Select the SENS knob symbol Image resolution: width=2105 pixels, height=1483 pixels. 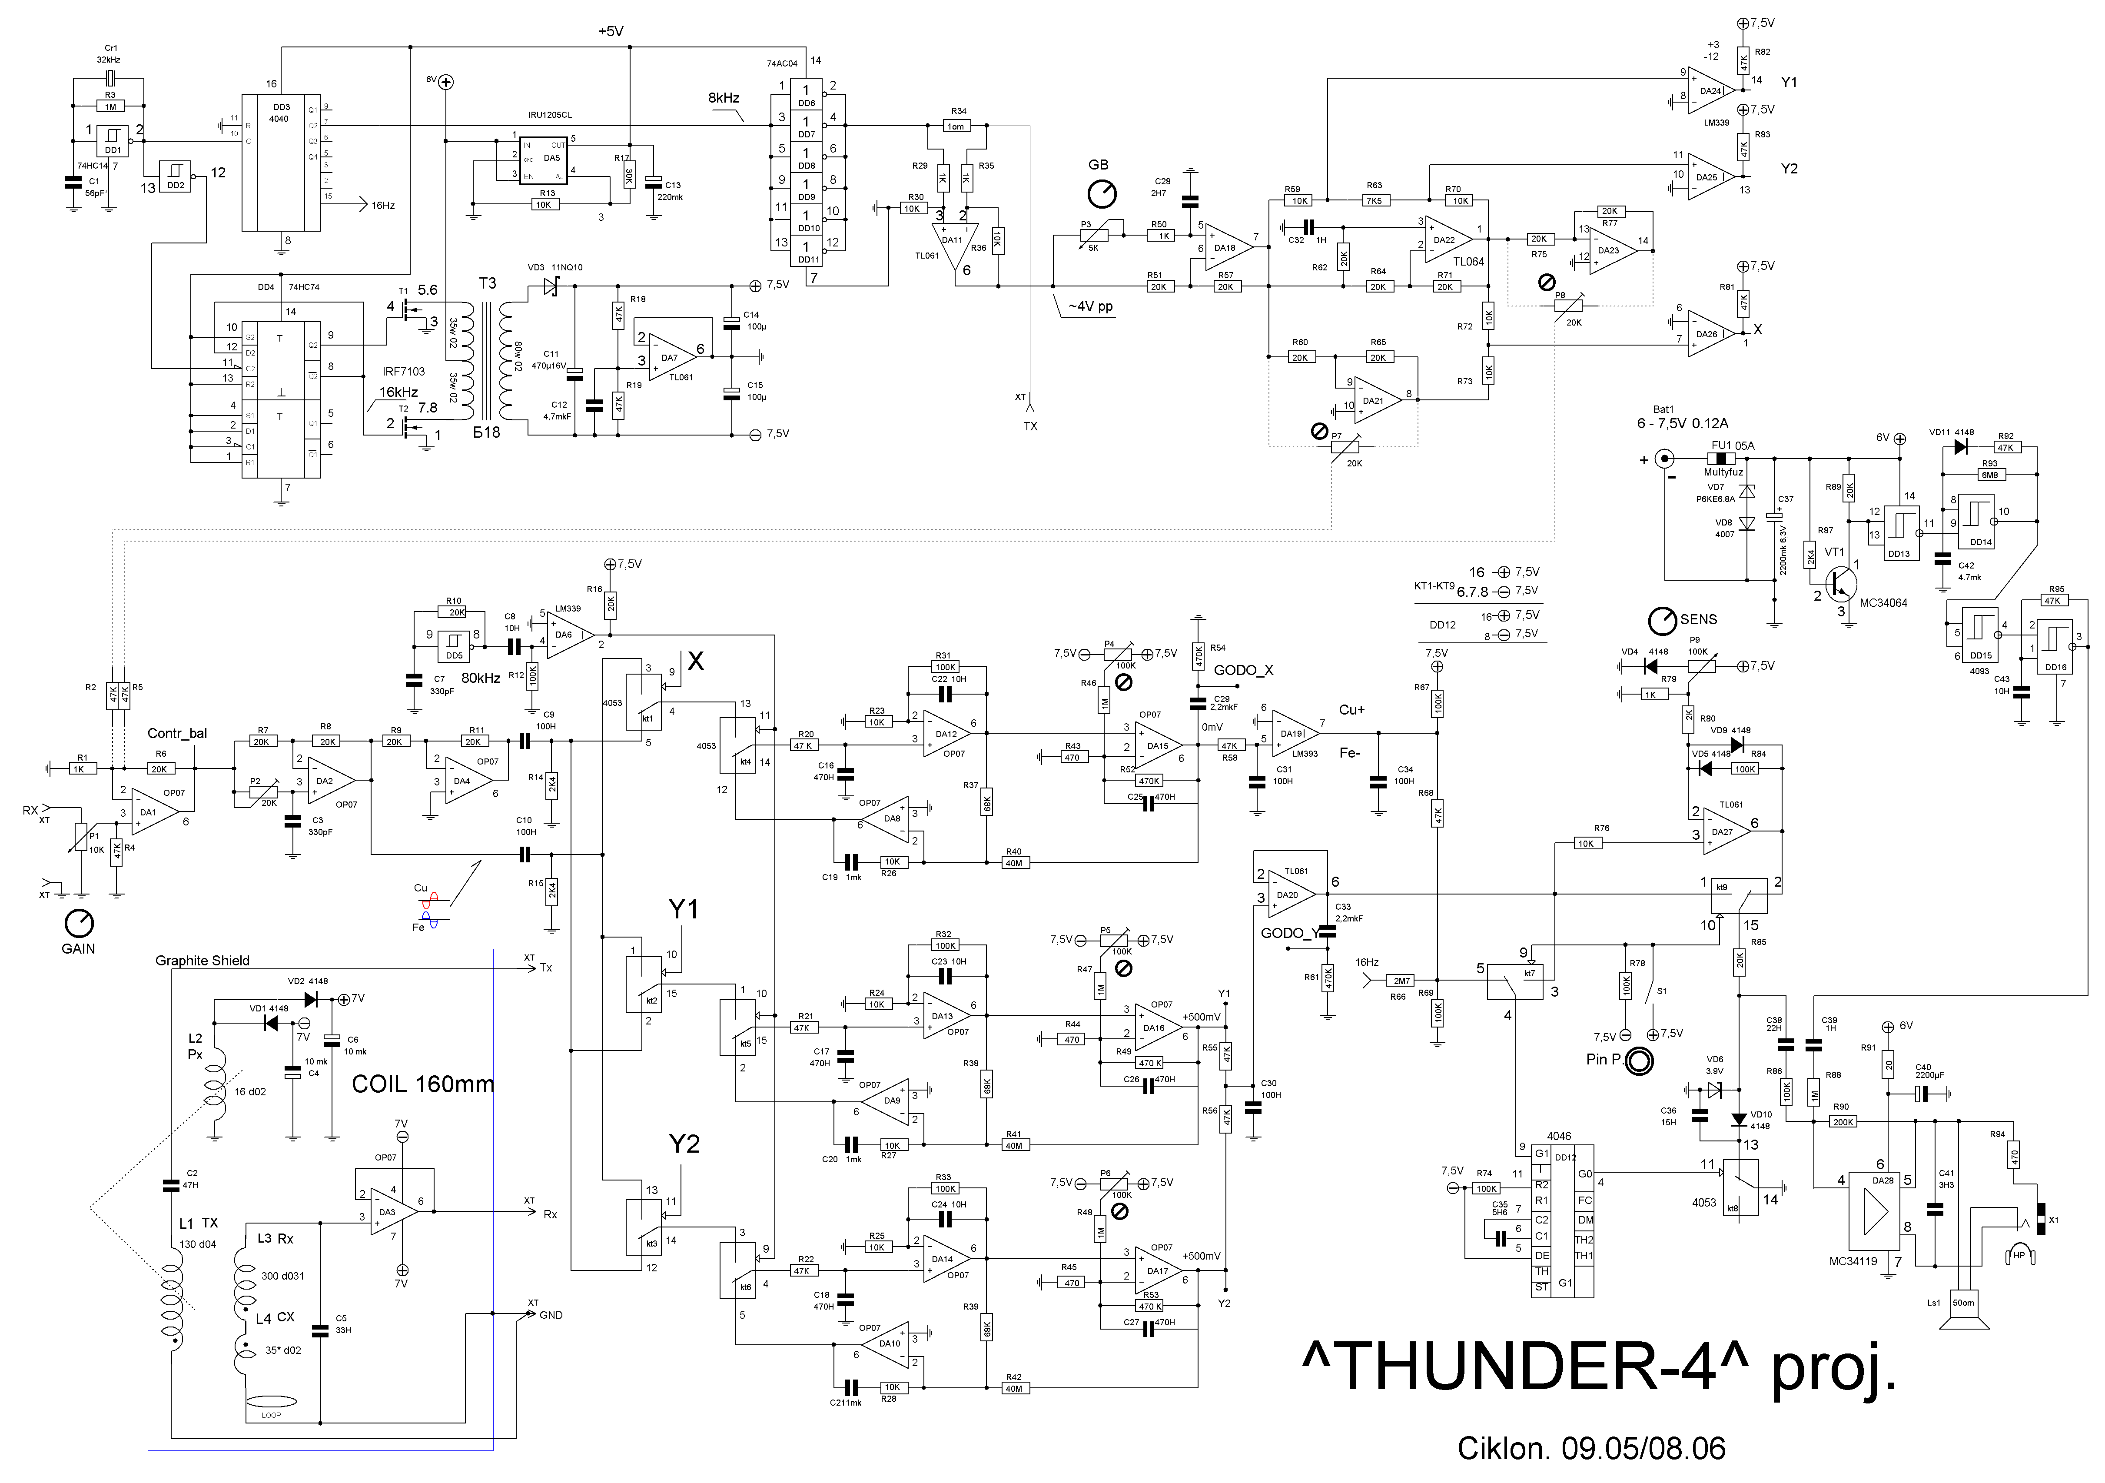(x=1660, y=621)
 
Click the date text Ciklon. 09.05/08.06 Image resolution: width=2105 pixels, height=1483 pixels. (x=1590, y=1449)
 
